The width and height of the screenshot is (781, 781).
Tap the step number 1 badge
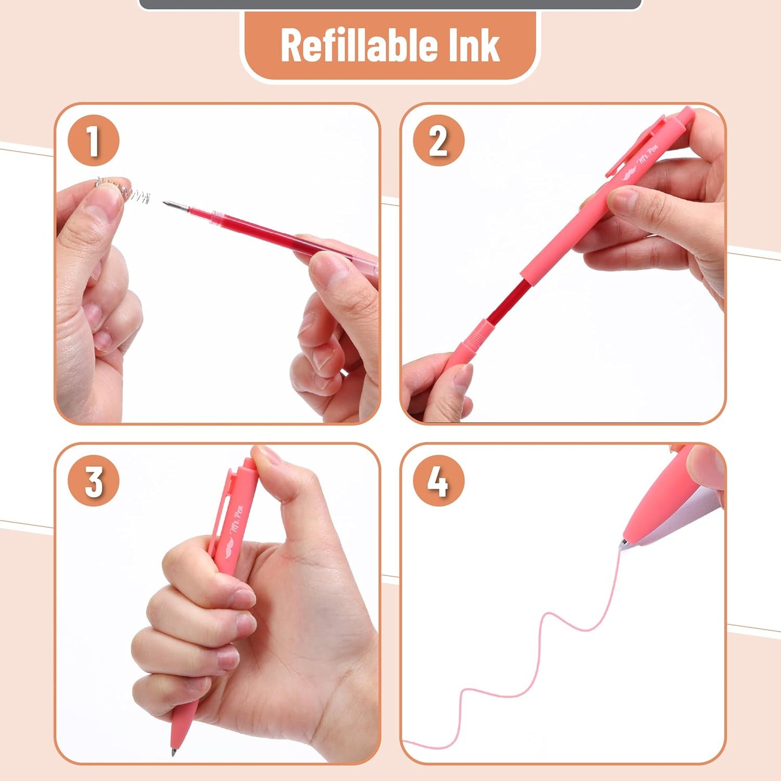93,141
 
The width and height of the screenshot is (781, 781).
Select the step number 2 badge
438,141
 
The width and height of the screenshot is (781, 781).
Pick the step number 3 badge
93,480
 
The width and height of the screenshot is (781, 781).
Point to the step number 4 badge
438,480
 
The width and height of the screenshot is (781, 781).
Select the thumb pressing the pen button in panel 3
281,476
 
